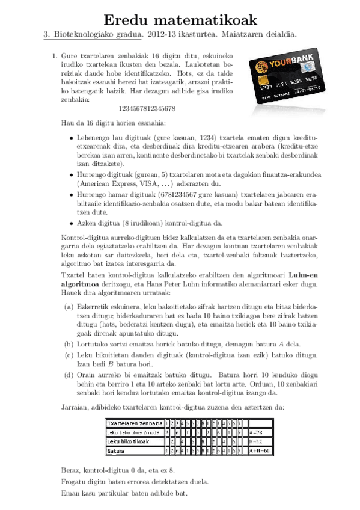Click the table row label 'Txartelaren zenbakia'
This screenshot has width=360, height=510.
(135, 423)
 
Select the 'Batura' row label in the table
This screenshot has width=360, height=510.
(116, 450)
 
